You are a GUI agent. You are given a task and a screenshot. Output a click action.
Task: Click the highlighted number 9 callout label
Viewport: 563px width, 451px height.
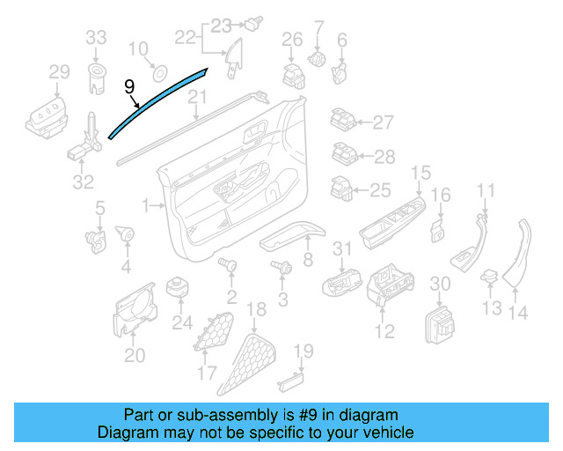click(130, 86)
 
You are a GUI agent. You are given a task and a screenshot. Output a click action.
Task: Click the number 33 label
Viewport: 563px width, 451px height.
click(96, 37)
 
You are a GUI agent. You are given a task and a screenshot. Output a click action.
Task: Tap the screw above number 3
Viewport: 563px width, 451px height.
click(282, 266)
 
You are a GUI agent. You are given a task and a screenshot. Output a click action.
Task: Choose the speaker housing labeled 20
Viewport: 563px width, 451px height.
click(132, 313)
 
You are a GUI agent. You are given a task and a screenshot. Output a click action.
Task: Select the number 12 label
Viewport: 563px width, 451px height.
click(384, 331)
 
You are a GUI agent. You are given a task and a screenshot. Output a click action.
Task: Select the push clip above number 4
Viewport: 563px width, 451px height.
click(123, 235)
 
